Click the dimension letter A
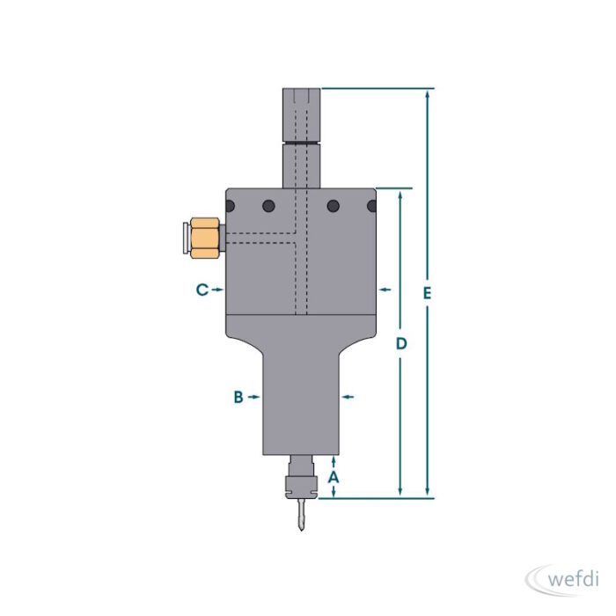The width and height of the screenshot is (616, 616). point(334,476)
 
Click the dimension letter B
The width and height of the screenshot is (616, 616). point(238,397)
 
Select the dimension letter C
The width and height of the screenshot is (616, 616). point(202,290)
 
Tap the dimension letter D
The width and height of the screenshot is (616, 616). point(401,343)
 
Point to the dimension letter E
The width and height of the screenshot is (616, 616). point(427,292)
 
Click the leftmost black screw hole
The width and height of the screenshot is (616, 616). point(230,206)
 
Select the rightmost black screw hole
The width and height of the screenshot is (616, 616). point(371,206)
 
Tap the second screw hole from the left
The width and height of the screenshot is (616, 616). point(268,206)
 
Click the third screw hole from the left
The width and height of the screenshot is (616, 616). point(334,206)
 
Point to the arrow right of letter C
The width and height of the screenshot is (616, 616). point(217,290)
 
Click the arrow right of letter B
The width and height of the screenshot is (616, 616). point(254,397)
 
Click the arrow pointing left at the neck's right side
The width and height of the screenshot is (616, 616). point(347,397)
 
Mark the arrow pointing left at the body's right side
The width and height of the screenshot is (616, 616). point(384,290)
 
